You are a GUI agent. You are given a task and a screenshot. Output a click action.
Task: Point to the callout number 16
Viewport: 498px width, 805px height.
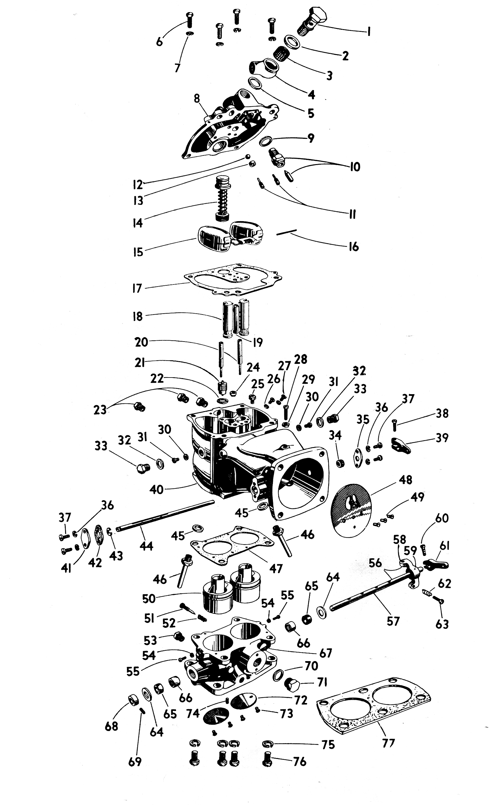[x=354, y=247]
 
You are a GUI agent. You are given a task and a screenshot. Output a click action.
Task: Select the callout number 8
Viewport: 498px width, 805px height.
[x=197, y=98]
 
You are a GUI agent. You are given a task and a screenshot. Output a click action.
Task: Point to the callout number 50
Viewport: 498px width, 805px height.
[x=149, y=598]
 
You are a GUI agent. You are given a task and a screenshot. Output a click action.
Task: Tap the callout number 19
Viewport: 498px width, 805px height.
[x=257, y=342]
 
